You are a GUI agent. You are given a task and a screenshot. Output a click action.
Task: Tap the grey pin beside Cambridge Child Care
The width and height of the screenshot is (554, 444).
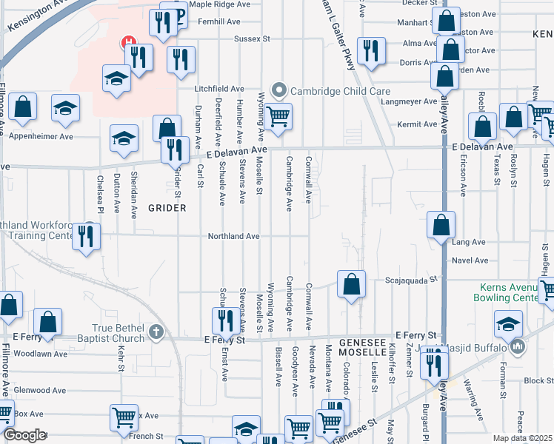(x=279, y=90)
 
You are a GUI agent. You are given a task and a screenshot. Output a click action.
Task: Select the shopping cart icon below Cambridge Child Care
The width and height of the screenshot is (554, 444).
(x=278, y=116)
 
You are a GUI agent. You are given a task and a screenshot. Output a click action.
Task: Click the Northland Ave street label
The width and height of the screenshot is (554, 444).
(x=233, y=236)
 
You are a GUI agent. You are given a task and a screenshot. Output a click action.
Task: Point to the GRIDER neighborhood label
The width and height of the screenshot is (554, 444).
(x=167, y=208)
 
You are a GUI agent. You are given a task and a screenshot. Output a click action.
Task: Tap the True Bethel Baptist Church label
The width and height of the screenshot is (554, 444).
(x=118, y=329)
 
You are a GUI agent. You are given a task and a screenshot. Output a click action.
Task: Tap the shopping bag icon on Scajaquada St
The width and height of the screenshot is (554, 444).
(x=351, y=284)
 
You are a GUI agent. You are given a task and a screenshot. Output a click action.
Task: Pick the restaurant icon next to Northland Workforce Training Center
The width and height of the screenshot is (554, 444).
(x=87, y=237)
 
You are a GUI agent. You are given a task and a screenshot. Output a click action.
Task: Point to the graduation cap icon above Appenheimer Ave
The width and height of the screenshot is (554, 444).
(x=65, y=108)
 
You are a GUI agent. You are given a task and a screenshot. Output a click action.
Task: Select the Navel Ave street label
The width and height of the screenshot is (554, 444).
(x=471, y=260)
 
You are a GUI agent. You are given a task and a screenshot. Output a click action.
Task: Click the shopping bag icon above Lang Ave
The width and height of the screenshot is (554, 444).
(x=441, y=225)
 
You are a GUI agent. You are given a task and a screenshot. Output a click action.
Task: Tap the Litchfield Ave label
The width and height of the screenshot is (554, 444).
(x=219, y=89)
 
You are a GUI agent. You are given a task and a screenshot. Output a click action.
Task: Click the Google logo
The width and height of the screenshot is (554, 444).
(x=24, y=435)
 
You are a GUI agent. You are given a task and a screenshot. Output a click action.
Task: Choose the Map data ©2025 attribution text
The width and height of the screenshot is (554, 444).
(x=523, y=438)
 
